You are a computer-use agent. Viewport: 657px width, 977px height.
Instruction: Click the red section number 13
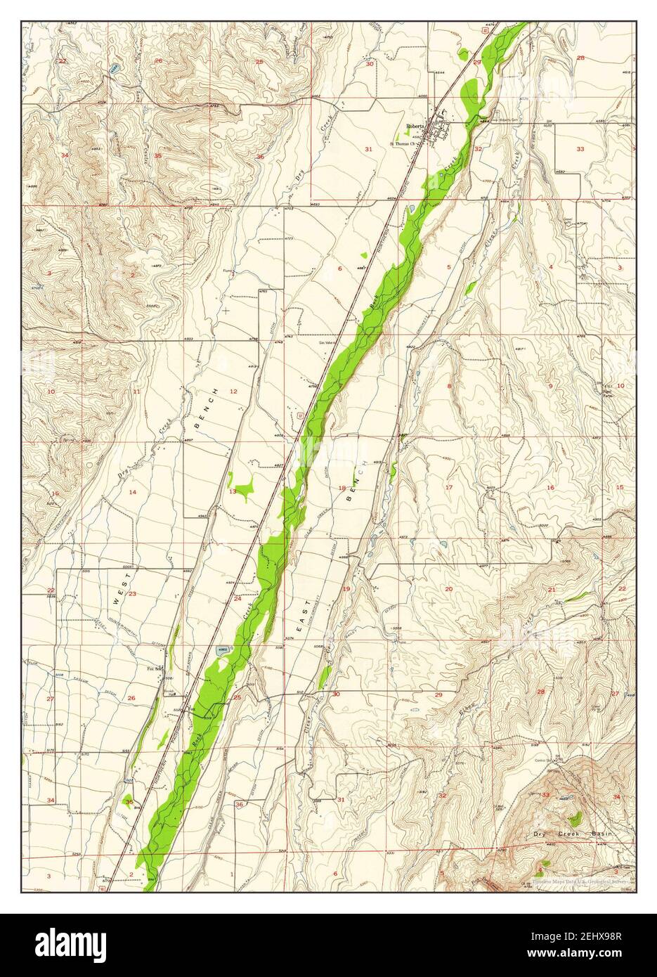tap(233, 492)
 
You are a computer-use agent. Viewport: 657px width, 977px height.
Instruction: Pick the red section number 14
tap(131, 492)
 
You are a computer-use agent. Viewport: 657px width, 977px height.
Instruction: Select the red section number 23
tap(131, 595)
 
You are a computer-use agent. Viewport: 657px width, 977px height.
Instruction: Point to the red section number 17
tap(449, 487)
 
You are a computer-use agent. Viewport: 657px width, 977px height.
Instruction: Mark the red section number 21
tap(552, 589)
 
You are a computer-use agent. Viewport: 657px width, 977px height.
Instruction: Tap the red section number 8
tap(449, 387)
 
